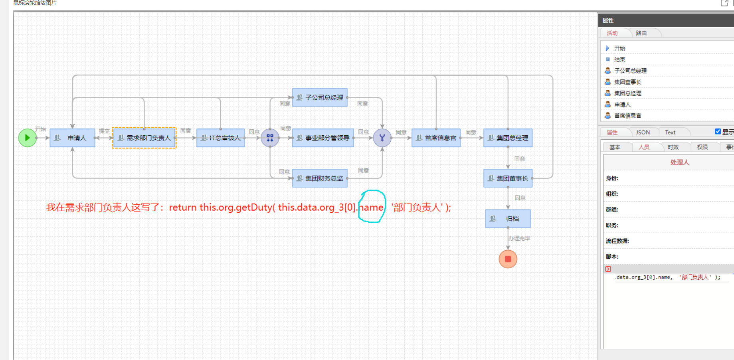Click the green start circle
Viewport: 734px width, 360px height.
(x=28, y=138)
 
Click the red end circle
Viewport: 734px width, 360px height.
(x=508, y=259)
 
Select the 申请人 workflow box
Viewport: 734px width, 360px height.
(x=72, y=138)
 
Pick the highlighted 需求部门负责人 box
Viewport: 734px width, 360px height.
(x=144, y=138)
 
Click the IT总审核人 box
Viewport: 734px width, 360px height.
(x=221, y=138)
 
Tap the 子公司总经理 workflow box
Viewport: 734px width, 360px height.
(x=320, y=97)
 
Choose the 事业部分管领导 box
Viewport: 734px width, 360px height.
(x=323, y=138)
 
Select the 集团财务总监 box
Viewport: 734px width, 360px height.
(x=320, y=178)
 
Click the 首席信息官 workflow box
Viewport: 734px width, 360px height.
(x=436, y=138)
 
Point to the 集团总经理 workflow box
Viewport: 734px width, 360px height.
(x=508, y=138)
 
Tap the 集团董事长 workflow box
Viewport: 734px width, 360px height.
(x=508, y=178)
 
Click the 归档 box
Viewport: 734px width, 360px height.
(x=508, y=219)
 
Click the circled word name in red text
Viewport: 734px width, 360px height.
(x=372, y=207)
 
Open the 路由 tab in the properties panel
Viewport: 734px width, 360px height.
(x=641, y=33)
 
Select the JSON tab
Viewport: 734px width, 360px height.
(x=643, y=133)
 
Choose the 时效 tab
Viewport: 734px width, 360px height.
(x=673, y=147)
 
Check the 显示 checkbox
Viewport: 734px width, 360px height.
(x=718, y=132)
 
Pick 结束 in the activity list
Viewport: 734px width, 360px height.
(x=619, y=59)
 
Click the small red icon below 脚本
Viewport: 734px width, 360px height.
(x=608, y=269)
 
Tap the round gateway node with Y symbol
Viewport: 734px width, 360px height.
(x=382, y=138)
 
